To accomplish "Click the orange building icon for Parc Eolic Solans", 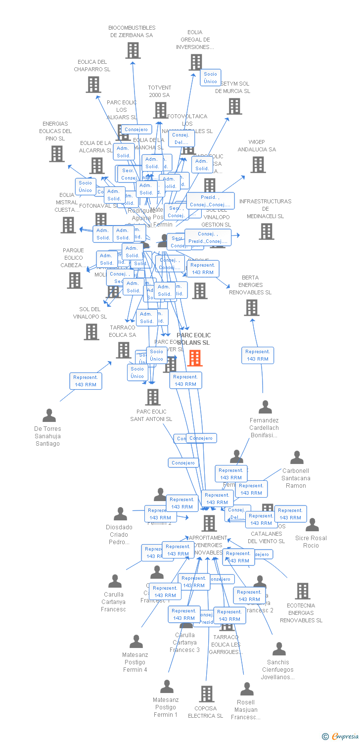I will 195,358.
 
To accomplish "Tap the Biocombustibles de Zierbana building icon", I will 133,50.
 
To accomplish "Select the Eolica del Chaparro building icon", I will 93,84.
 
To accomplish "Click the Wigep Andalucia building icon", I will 258,164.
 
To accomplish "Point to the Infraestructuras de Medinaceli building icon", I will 266,231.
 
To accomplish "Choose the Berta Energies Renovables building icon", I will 251,307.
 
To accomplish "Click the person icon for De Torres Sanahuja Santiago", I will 49,415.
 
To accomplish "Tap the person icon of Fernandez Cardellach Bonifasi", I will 265,407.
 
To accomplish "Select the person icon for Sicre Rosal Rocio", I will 312,525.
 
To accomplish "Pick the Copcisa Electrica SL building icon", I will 206,694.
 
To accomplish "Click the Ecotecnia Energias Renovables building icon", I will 302,591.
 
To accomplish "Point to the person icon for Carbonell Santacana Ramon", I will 297,458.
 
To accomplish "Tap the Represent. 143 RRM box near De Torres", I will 86,381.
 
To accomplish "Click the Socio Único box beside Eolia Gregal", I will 210,78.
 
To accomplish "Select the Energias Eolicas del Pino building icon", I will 57,153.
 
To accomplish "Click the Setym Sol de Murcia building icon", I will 234,106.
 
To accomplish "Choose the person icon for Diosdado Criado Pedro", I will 120,514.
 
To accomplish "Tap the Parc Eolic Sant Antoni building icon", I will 152,397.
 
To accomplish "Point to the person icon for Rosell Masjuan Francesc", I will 246,689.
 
